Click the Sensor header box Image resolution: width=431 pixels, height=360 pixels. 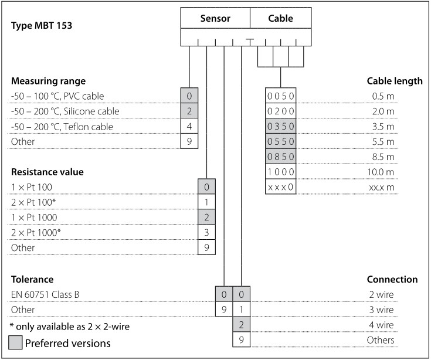[x=215, y=18]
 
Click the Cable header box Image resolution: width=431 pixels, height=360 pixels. [x=280, y=18]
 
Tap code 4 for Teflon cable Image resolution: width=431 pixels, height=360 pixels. [x=189, y=127]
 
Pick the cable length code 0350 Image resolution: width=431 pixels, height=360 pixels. [x=281, y=127]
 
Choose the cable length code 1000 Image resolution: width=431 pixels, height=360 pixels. [x=281, y=172]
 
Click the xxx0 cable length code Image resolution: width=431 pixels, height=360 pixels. [x=281, y=188]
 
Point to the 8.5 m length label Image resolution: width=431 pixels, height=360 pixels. [x=382, y=157]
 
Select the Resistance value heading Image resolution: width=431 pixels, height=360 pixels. [x=47, y=172]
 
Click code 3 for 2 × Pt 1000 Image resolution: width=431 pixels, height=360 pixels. [x=207, y=233]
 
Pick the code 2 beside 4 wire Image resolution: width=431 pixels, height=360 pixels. [x=241, y=325]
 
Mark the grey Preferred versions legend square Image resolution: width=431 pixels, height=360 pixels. [x=16, y=343]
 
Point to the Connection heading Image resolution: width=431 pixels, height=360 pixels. [x=392, y=279]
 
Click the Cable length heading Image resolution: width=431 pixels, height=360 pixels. [x=394, y=81]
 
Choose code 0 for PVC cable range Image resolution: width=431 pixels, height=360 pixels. [x=189, y=96]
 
